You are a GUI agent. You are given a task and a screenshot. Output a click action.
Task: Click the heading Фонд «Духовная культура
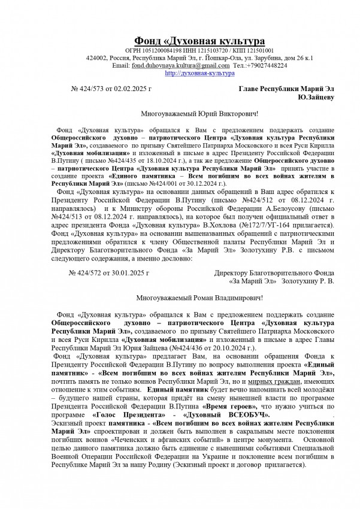(x=199, y=41)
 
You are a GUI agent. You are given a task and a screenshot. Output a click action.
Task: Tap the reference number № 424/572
(x=89, y=272)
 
